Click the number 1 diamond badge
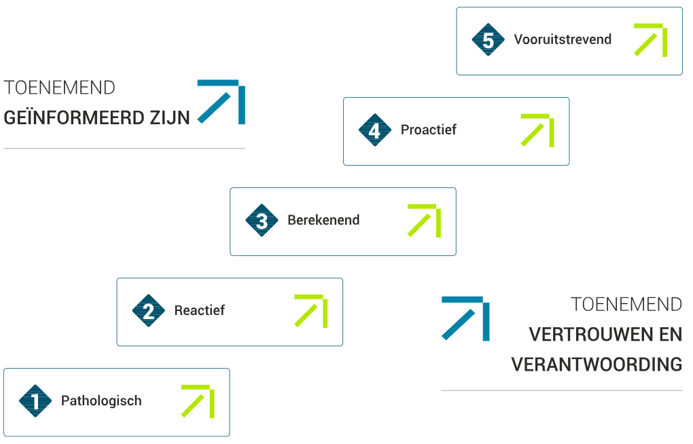[x=35, y=401]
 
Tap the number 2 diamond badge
[x=149, y=311]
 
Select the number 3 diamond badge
[x=262, y=221]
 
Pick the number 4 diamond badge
[x=375, y=130]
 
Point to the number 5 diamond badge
[x=488, y=40]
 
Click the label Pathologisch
[x=101, y=401]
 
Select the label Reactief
[x=199, y=311]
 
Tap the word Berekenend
[x=323, y=221]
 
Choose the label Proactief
[x=428, y=130]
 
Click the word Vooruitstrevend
[x=563, y=40]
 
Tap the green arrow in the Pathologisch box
[x=198, y=401]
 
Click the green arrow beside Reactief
[x=311, y=311]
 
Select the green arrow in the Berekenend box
[x=425, y=221]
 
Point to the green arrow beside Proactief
[x=537, y=130]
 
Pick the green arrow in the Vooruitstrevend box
[x=651, y=40]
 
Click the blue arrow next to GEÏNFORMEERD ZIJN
[x=221, y=102]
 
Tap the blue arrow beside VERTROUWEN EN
[x=465, y=318]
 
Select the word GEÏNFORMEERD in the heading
[x=66, y=118]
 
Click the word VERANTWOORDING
[x=597, y=365]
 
